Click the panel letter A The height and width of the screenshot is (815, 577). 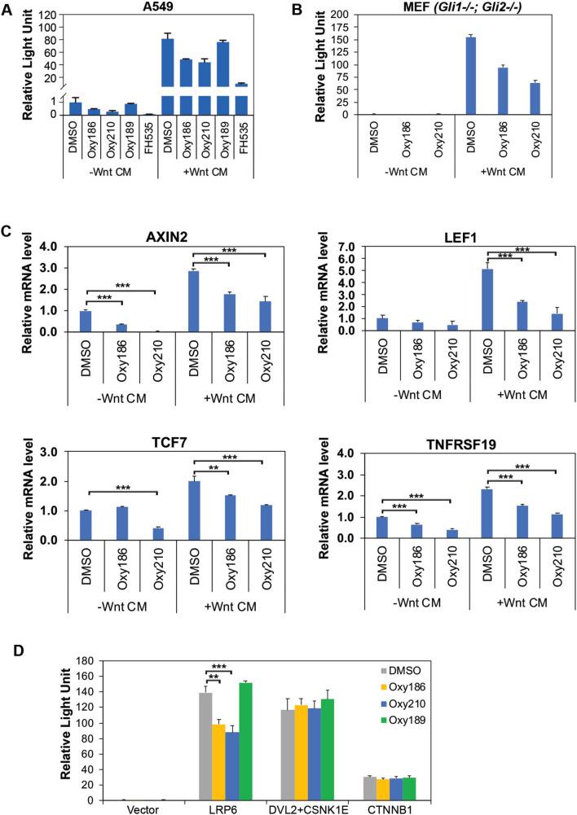(x=7, y=7)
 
